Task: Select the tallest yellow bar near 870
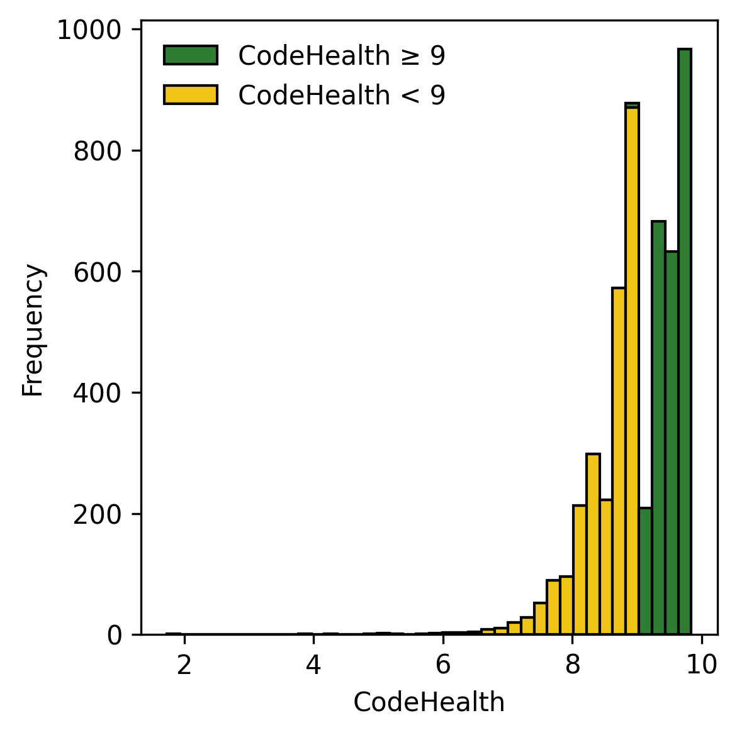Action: (632, 371)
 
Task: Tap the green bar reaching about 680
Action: (658, 428)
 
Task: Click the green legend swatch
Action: (190, 55)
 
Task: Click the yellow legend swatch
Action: (190, 95)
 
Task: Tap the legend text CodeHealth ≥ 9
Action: (342, 56)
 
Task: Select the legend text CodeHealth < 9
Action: (342, 96)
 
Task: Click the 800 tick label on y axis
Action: (97, 152)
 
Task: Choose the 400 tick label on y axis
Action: (97, 394)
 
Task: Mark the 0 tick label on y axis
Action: (114, 636)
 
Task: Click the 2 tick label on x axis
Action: (184, 665)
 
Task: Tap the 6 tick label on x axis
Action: (443, 665)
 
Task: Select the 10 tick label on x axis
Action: (702, 665)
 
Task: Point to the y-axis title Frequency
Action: (33, 330)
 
